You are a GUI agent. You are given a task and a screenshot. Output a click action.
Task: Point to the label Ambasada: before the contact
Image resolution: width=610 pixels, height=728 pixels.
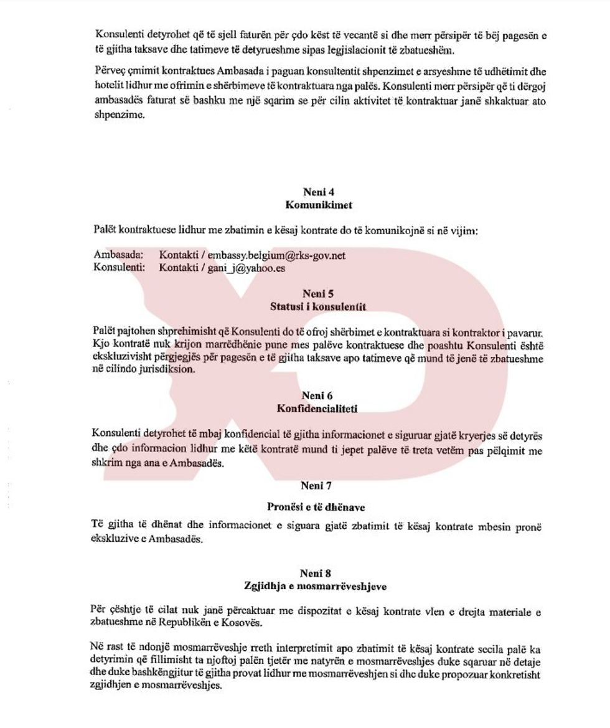118,255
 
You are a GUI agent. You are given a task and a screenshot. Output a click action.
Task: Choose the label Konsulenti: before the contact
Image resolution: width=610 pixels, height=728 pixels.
119,268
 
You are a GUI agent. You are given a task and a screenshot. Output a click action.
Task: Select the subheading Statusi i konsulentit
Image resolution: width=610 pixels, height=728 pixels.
318,306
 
